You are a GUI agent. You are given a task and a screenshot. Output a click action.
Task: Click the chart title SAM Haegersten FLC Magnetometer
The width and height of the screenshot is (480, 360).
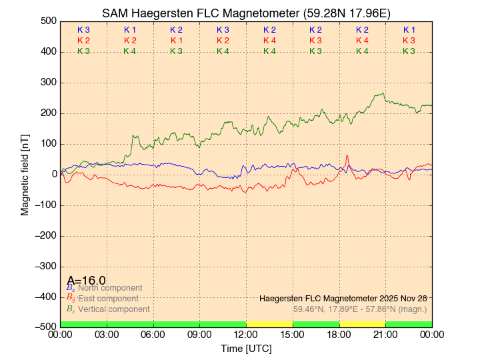click(x=246, y=13)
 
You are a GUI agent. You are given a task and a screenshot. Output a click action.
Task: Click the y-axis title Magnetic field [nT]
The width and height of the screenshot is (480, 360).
click(x=25, y=173)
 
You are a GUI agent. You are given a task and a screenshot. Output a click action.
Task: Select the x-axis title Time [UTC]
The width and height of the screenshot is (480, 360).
click(x=246, y=349)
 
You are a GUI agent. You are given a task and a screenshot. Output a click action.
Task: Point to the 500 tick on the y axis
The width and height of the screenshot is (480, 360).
click(x=47, y=21)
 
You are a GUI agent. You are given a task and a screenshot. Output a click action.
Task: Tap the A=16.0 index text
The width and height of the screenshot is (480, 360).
click(x=86, y=281)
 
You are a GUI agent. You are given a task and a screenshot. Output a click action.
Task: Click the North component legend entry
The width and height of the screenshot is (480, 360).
click(x=106, y=288)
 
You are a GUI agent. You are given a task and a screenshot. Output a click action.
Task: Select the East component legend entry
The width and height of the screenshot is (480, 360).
click(x=106, y=299)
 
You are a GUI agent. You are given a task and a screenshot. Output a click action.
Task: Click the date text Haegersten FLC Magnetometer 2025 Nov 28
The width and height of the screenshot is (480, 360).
click(x=343, y=298)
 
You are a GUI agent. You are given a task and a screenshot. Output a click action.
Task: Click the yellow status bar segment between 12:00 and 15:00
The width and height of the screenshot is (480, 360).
click(x=269, y=324)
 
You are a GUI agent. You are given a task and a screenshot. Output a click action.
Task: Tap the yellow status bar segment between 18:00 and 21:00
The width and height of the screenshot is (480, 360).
click(x=362, y=324)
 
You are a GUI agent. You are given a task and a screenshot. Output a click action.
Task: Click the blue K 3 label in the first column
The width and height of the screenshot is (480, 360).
click(x=83, y=30)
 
